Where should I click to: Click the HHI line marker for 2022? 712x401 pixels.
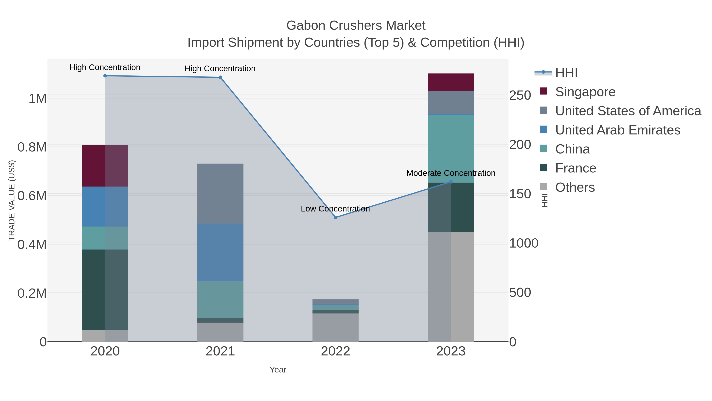click(336, 217)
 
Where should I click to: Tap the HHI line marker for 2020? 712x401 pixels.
click(105, 76)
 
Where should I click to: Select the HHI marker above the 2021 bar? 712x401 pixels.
click(220, 77)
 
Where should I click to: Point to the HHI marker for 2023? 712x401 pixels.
click(451, 182)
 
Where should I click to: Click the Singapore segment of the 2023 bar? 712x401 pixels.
click(451, 82)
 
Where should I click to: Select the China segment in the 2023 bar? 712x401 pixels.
click(451, 149)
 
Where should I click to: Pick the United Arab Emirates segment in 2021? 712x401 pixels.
click(220, 252)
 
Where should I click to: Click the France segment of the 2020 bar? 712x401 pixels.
click(105, 290)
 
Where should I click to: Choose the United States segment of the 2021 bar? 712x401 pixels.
click(220, 193)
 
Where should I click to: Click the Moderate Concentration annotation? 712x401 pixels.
click(451, 173)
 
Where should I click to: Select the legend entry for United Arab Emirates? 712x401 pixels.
click(617, 130)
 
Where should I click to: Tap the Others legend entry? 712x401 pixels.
click(575, 187)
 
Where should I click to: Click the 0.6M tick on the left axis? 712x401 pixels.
click(32, 196)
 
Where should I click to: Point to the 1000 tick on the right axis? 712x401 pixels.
click(524, 244)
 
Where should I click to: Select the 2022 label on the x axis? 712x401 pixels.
click(336, 351)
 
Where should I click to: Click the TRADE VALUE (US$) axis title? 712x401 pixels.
click(12, 200)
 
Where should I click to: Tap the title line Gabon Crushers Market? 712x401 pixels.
click(356, 26)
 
